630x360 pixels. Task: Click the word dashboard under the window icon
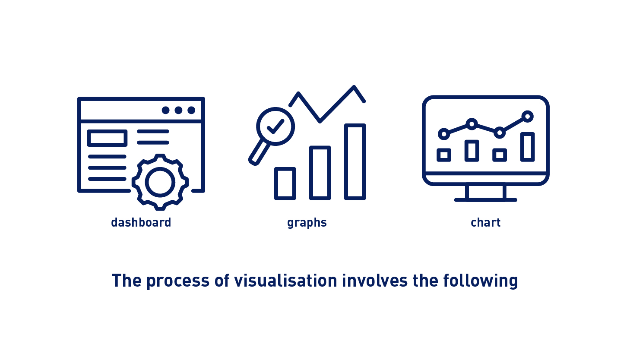click(141, 222)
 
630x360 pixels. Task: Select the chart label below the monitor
click(486, 222)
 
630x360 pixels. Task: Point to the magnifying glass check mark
click(275, 126)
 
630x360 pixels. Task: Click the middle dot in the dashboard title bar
click(178, 110)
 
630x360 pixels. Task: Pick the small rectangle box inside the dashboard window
click(107, 138)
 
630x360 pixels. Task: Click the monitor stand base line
click(486, 200)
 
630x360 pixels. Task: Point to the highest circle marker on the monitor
click(527, 117)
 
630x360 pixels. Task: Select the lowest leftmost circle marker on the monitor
click(444, 134)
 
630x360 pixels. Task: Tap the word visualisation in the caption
click(286, 281)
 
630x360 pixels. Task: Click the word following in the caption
click(480, 281)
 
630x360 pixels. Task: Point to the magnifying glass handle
click(259, 153)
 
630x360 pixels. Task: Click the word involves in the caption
click(375, 281)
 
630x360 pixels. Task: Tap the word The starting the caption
click(127, 281)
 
